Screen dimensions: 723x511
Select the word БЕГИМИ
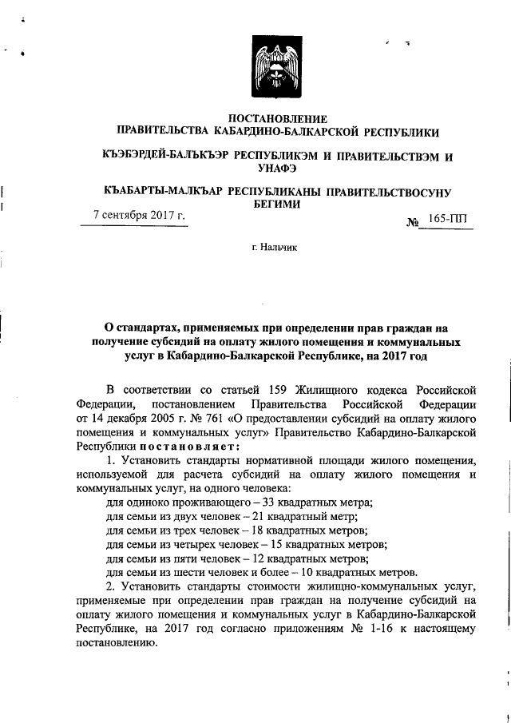pos(276,204)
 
